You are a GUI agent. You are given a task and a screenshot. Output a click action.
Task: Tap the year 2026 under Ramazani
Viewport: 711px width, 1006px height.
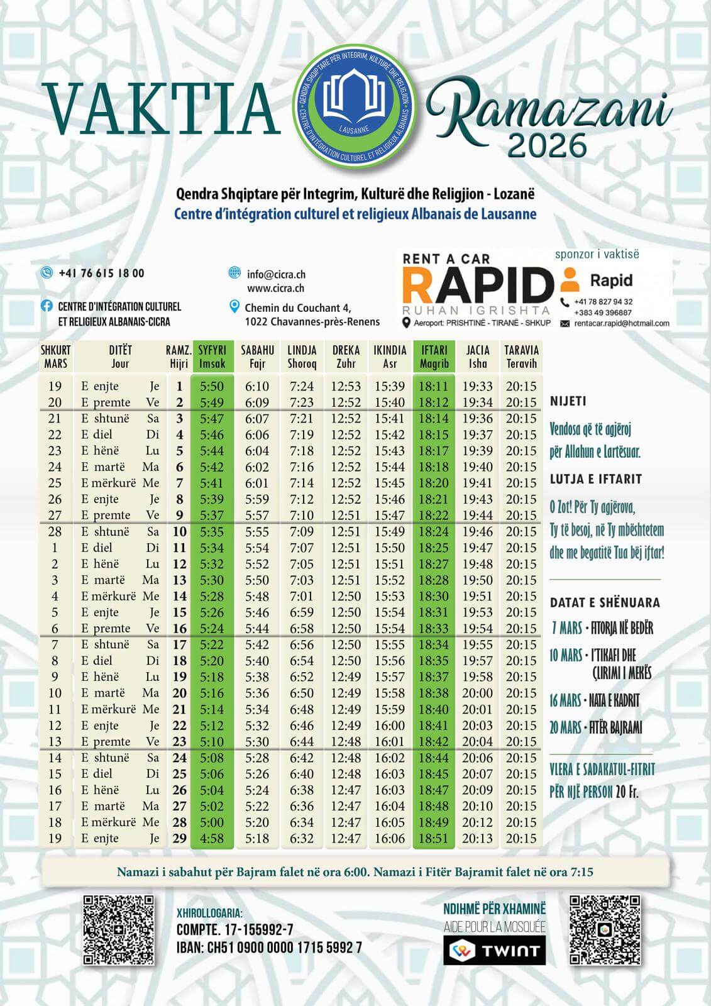pyautogui.click(x=547, y=145)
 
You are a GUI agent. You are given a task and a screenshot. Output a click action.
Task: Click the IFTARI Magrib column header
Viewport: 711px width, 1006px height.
pyautogui.click(x=434, y=357)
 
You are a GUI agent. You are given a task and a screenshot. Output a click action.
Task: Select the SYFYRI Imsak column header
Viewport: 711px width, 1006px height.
pyautogui.click(x=212, y=357)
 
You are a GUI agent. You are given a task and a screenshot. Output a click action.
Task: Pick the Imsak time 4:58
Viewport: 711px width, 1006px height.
pyautogui.click(x=212, y=838)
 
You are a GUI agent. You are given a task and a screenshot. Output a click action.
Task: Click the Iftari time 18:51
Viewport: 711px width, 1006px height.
pyautogui.click(x=433, y=838)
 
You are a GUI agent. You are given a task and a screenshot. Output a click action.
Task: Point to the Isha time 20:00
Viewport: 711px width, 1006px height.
pyautogui.click(x=478, y=693)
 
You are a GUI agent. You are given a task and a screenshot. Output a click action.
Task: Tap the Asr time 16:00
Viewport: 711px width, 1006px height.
pyautogui.click(x=390, y=726)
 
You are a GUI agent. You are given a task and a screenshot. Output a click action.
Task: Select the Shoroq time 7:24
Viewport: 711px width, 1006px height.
pyautogui.click(x=302, y=386)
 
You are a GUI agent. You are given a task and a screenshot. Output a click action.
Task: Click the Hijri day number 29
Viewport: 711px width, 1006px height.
pyautogui.click(x=179, y=838)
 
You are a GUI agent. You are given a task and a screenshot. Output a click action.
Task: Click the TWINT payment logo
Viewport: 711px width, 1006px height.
pyautogui.click(x=494, y=950)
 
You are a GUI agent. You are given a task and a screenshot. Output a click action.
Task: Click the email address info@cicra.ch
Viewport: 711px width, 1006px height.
pyautogui.click(x=276, y=274)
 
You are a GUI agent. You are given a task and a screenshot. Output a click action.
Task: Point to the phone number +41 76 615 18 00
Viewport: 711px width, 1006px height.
pyautogui.click(x=101, y=273)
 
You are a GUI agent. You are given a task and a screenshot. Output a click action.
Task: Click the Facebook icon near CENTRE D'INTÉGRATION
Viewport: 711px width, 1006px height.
pyautogui.click(x=47, y=306)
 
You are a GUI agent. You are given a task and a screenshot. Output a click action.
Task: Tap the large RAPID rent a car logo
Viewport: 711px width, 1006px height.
pyautogui.click(x=477, y=284)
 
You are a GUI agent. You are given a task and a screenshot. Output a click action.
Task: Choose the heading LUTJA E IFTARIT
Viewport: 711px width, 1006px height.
pyautogui.click(x=595, y=479)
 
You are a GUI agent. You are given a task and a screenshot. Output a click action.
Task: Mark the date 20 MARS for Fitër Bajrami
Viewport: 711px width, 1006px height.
pyautogui.click(x=565, y=727)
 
